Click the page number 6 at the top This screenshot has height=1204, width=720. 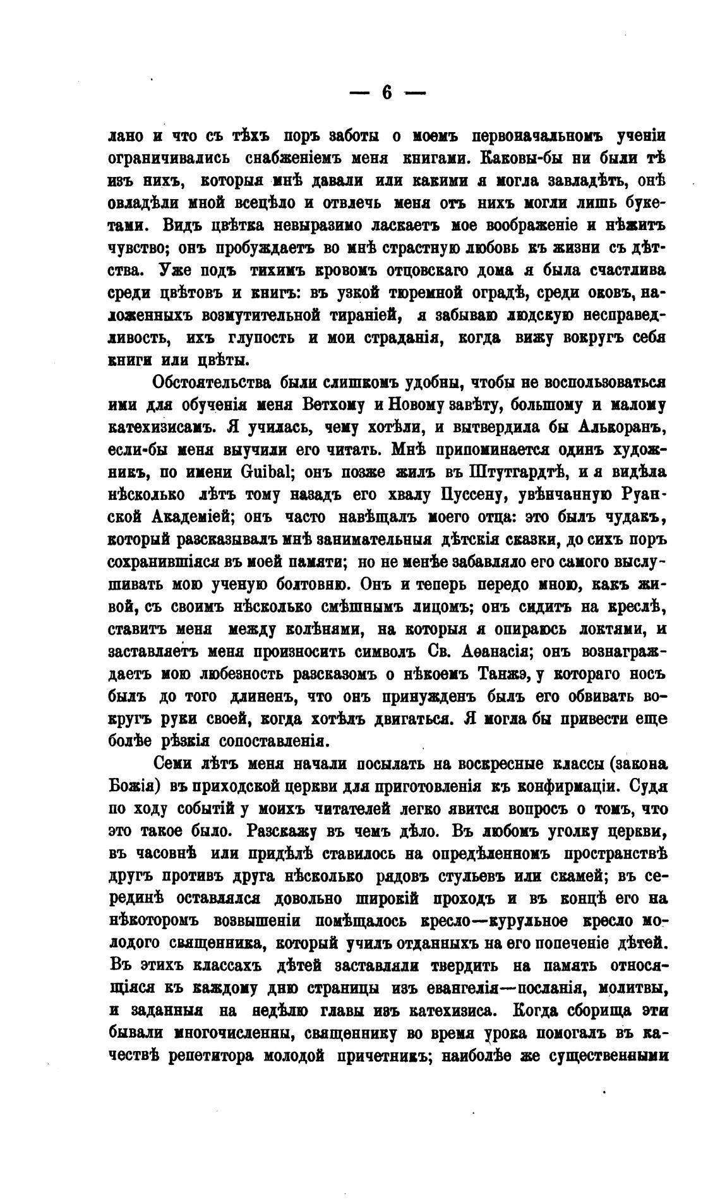pyautogui.click(x=387, y=93)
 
